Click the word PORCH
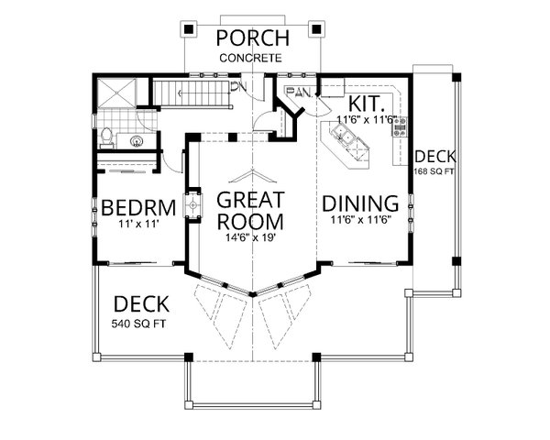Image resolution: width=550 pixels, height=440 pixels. tap(252, 38)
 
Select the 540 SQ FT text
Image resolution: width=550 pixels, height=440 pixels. tap(140, 324)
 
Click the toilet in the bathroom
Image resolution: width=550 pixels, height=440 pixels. tap(107, 138)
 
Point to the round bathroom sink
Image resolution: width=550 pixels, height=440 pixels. tap(137, 140)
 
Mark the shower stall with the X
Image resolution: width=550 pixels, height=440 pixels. tap(117, 93)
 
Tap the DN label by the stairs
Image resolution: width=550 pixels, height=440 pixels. tap(239, 87)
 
